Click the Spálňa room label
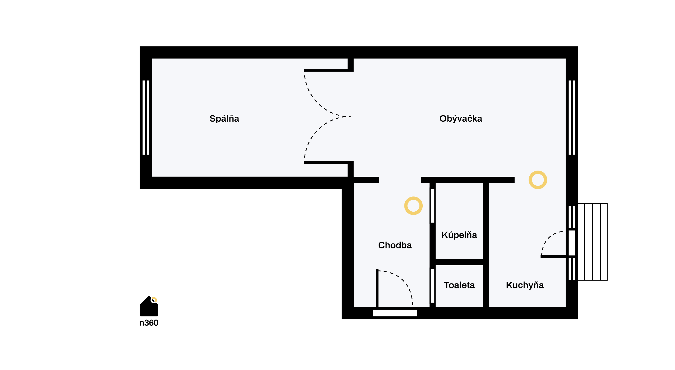tap(224, 119)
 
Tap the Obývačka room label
tap(461, 119)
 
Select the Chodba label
tap(395, 245)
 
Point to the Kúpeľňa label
tap(459, 235)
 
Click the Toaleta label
tap(459, 285)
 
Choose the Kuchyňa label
tap(525, 285)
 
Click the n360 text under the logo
tap(149, 323)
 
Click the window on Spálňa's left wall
tap(146, 118)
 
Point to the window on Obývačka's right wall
tap(572, 118)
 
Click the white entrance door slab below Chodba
tap(395, 313)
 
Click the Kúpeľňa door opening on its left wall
tap(432, 206)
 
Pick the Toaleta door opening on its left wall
tap(432, 286)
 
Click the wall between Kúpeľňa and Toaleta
tap(459, 262)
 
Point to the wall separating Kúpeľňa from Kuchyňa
tap(486, 245)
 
